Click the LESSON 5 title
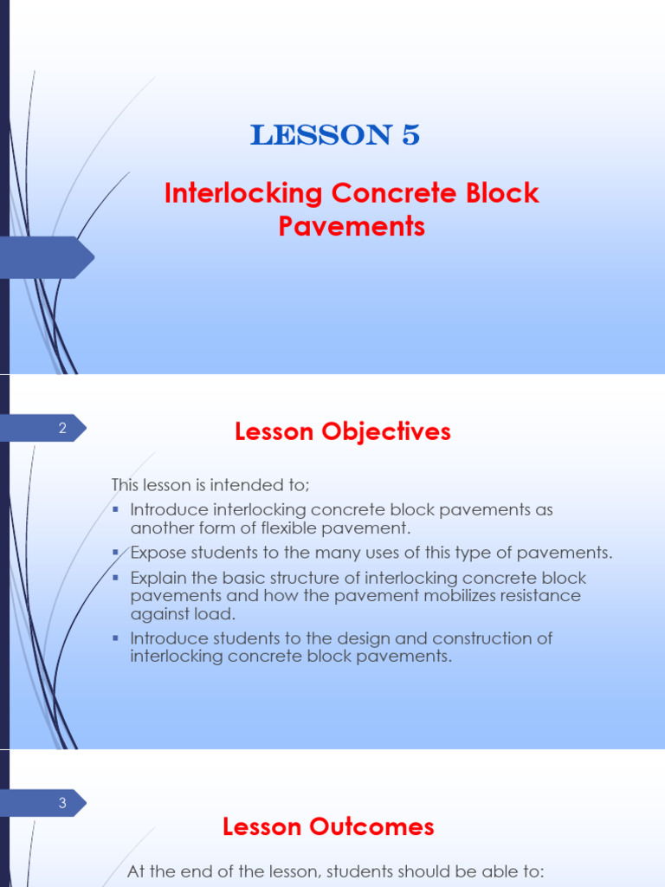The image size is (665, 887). [x=335, y=135]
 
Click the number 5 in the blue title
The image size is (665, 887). [x=410, y=135]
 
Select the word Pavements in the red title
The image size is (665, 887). [x=352, y=226]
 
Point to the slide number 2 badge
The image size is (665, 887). [x=62, y=427]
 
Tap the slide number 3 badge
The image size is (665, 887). [x=62, y=803]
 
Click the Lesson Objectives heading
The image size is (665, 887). [x=343, y=431]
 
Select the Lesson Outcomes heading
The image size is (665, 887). [x=328, y=826]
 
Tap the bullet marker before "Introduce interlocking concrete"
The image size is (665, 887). [x=116, y=509]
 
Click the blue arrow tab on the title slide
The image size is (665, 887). [x=48, y=256]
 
